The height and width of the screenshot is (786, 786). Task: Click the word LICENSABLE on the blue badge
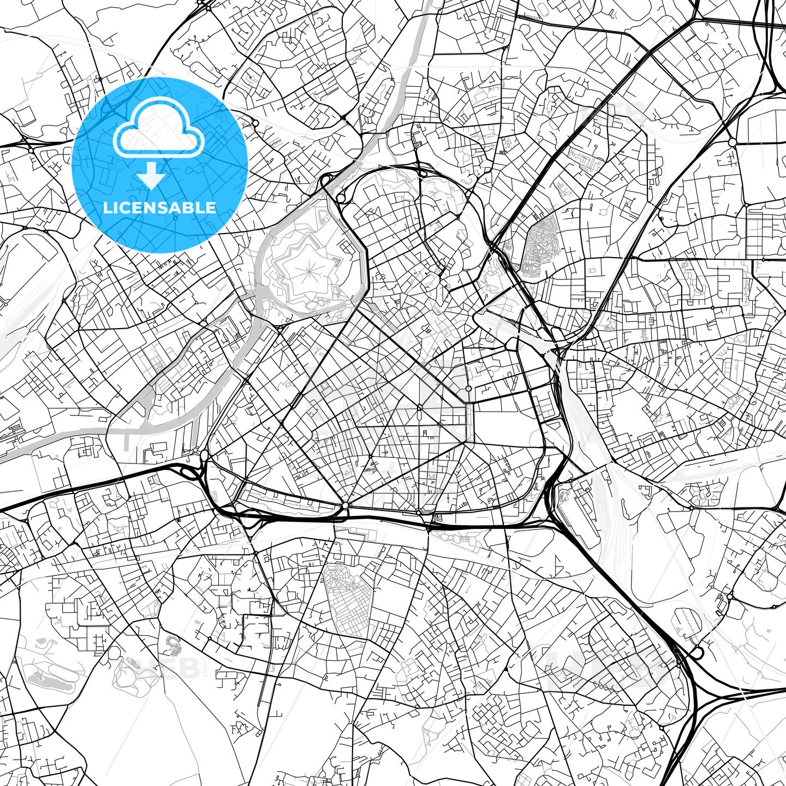click(159, 208)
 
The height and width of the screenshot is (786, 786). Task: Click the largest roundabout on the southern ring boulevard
click(345, 506)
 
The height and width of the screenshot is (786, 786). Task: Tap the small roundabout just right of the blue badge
click(255, 123)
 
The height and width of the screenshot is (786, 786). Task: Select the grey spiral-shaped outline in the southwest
click(173, 645)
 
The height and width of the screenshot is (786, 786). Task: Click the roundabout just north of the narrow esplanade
click(468, 388)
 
